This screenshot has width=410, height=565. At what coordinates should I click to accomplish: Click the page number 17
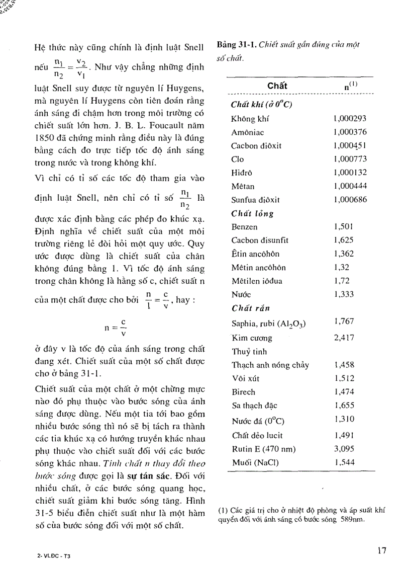(x=382, y=550)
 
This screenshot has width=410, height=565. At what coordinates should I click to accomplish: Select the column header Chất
(x=277, y=86)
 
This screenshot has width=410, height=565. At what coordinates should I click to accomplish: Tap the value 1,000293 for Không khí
(x=350, y=119)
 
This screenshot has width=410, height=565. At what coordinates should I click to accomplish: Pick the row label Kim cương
(x=252, y=338)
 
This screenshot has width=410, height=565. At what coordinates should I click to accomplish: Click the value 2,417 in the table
(x=344, y=338)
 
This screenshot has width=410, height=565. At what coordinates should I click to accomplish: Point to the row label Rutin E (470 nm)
(x=263, y=448)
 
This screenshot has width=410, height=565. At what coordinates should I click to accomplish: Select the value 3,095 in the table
(x=344, y=448)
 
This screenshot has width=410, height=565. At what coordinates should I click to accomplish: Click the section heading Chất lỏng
(x=252, y=213)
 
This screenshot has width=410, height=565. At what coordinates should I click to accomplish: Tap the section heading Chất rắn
(x=250, y=308)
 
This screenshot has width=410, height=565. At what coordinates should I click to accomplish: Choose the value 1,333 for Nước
(x=344, y=294)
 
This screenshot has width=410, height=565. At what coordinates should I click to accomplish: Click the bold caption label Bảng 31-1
(x=237, y=45)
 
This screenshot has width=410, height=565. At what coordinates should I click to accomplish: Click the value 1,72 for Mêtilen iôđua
(x=341, y=281)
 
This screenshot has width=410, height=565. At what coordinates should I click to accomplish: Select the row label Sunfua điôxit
(x=256, y=200)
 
